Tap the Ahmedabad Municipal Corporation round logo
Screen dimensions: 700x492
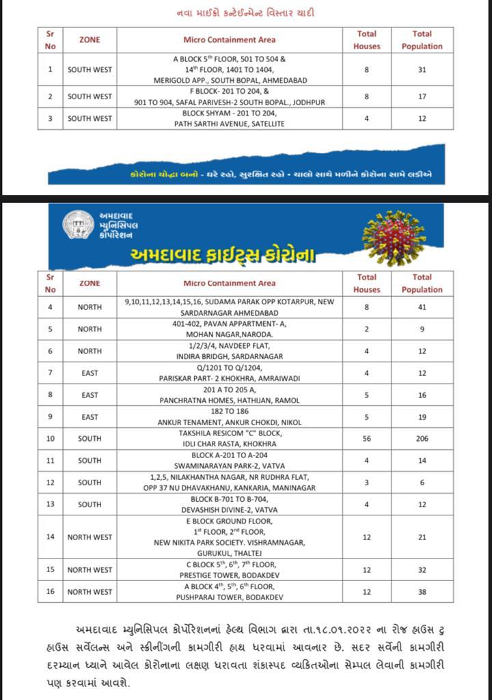coord(78,226)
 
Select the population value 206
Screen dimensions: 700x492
coord(422,438)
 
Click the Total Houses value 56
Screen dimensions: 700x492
coord(366,438)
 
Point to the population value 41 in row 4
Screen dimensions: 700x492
coord(422,307)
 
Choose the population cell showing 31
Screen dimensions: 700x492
coord(422,69)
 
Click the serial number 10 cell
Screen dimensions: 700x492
coord(50,438)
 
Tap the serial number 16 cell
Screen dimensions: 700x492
coord(50,591)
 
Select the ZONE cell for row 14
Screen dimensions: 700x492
coord(90,537)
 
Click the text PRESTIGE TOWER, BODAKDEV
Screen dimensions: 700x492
coord(230,575)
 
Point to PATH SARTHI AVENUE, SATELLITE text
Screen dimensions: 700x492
coord(230,124)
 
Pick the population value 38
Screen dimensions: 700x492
coord(422,591)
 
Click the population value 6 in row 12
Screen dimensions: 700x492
coord(422,482)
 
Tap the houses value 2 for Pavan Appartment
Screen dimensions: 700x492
coord(366,329)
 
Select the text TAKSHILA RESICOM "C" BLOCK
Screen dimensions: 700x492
coord(230,433)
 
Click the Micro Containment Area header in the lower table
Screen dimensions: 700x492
coord(230,283)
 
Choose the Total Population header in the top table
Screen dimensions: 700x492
coord(422,40)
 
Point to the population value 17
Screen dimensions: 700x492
coord(422,96)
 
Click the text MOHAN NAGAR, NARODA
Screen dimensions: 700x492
coord(230,335)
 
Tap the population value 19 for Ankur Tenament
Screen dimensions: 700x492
coord(422,416)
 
